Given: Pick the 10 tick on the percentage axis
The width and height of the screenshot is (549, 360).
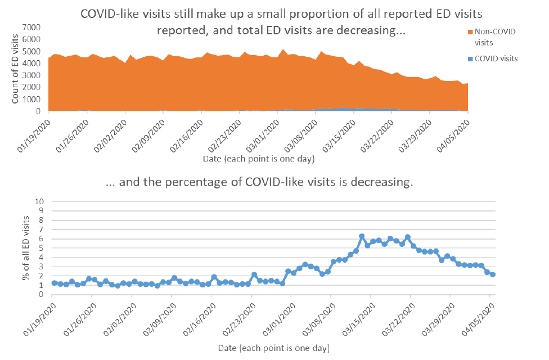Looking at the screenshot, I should tap(39, 201).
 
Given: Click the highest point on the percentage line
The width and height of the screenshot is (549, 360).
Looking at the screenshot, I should tap(362, 236).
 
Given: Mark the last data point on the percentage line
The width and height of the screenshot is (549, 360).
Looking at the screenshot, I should tap(492, 274).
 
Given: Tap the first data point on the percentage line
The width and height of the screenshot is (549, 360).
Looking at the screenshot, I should tap(55, 283).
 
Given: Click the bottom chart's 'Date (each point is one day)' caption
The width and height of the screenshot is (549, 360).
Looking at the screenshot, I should tap(273, 348).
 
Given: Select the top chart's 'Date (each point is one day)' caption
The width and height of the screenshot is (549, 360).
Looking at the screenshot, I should tap(258, 159).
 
